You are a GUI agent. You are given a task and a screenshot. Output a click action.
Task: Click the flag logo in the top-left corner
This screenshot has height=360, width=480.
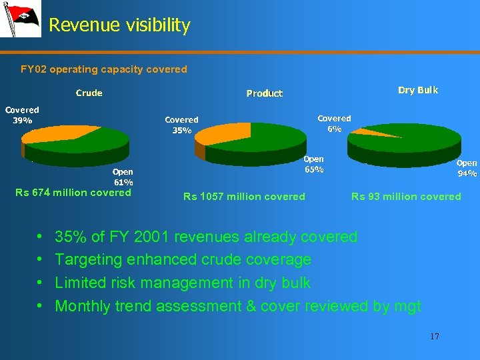tap(20, 19)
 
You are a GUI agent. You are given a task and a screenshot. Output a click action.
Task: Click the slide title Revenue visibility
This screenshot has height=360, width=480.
tap(119, 25)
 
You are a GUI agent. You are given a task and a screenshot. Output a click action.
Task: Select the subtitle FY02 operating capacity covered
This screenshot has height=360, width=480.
tap(104, 69)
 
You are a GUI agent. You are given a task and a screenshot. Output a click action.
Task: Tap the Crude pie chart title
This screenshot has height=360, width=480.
tap(89, 93)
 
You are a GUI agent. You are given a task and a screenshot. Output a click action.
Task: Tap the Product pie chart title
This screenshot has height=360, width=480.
tap(264, 93)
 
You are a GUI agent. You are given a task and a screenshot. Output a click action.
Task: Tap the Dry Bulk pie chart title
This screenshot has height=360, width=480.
tap(418, 90)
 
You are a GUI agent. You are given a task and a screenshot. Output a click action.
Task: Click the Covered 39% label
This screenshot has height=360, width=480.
tap(22, 115)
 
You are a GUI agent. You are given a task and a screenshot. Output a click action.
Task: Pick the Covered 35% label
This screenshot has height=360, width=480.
tap(181, 125)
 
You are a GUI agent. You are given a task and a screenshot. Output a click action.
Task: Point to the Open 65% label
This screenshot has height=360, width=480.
tap(314, 164)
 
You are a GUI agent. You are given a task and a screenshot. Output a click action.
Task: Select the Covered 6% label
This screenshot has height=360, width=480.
tap(334, 123)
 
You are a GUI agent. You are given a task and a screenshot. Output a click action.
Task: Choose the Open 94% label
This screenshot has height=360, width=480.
tap(467, 168)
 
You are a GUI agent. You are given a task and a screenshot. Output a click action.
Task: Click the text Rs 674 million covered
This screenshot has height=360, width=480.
tap(73, 193)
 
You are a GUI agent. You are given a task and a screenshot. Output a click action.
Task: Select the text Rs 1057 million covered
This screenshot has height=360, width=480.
tap(244, 197)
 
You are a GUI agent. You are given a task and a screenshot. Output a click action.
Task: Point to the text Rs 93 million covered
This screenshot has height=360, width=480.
tap(406, 196)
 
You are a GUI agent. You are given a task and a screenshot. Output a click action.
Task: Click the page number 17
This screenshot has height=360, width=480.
tap(435, 337)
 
